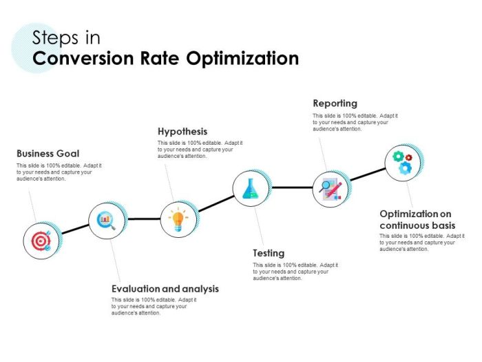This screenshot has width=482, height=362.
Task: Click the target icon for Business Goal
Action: (41, 241)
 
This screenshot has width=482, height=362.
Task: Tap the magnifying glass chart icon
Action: (107, 221)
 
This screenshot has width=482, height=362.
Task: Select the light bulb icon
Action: (178, 219)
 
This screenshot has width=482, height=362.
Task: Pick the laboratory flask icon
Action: (251, 187)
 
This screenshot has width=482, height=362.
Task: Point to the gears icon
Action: (402, 163)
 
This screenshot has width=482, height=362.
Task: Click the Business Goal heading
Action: (48, 154)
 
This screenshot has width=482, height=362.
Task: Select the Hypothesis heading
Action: (182, 131)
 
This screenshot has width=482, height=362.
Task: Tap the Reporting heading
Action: (335, 103)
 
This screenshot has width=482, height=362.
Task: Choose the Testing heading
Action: (269, 253)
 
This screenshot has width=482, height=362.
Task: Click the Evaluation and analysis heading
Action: (165, 289)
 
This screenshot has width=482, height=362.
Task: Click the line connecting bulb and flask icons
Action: (214, 203)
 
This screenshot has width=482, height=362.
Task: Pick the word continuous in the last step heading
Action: (404, 225)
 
